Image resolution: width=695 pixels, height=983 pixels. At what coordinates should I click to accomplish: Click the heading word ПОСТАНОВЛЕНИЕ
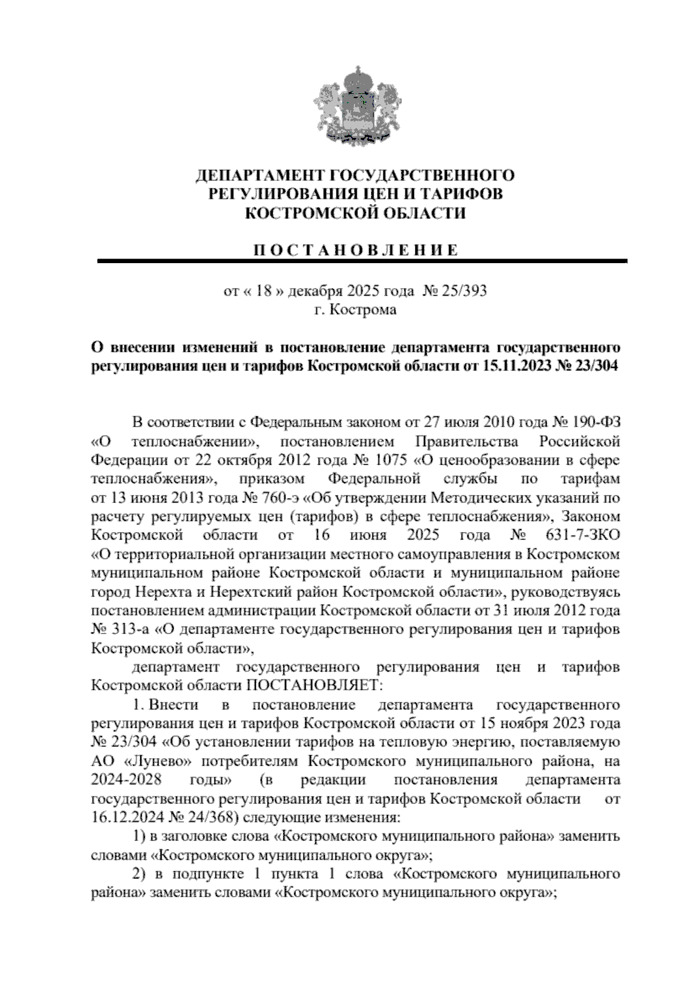[x=355, y=250]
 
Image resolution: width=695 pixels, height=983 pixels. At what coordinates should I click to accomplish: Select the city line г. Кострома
[x=355, y=310]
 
